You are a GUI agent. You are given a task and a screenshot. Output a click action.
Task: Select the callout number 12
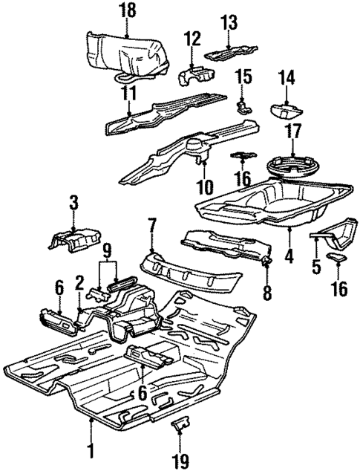(193, 37)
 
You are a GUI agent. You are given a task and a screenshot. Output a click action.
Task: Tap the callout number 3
(73, 201)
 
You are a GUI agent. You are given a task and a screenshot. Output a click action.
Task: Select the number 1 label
(91, 449)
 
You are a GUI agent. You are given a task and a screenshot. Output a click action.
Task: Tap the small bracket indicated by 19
(180, 426)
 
